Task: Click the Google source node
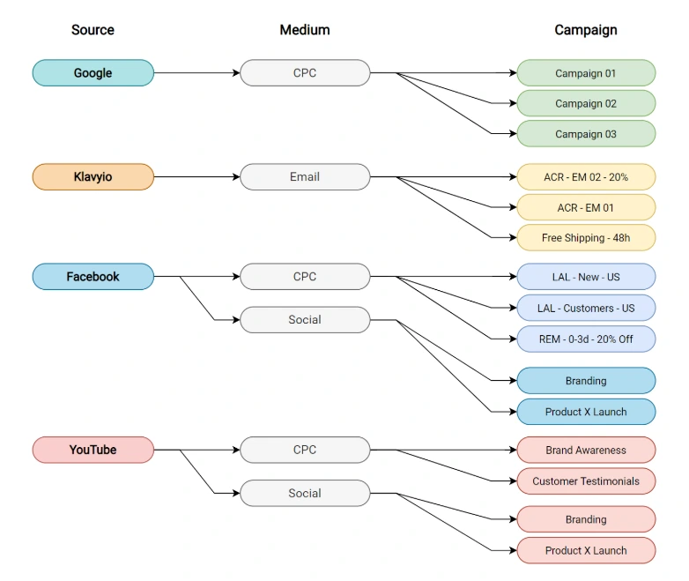click(93, 73)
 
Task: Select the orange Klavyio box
click(93, 177)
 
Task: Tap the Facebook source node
click(93, 277)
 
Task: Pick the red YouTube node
click(93, 450)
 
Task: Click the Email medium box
click(305, 177)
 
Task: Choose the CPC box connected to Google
click(305, 73)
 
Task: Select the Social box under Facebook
click(305, 320)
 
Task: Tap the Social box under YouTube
click(305, 493)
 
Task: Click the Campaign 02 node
click(586, 104)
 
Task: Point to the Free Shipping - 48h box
click(586, 238)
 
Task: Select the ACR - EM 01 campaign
click(586, 207)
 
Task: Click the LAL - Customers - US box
click(586, 308)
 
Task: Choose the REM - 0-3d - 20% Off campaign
click(586, 339)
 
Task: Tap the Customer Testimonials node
click(586, 481)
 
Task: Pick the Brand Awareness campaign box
click(586, 450)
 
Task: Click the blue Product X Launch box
click(586, 412)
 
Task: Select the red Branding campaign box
click(586, 519)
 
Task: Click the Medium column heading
click(305, 30)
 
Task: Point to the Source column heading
click(93, 30)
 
